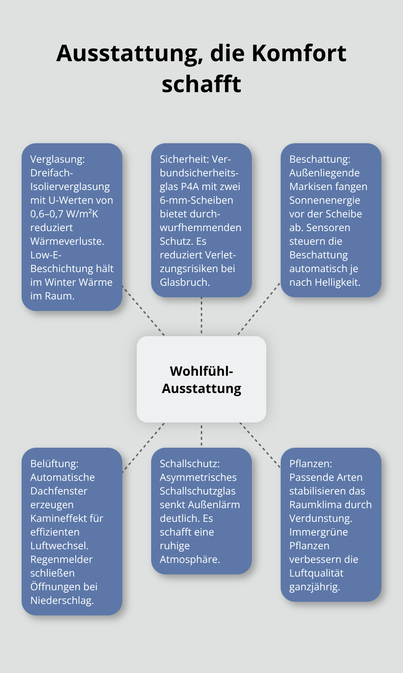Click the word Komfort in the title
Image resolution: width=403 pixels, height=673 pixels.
click(299, 53)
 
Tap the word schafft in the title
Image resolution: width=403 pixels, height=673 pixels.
click(201, 84)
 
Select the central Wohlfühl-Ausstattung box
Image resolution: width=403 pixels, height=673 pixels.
click(201, 379)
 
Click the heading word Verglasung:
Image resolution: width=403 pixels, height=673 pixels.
click(58, 159)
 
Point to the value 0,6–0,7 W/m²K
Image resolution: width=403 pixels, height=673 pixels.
click(64, 214)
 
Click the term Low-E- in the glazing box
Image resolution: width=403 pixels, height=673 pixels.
click(46, 255)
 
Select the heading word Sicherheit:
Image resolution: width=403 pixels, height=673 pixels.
click(184, 159)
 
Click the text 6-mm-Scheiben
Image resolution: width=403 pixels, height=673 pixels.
click(196, 200)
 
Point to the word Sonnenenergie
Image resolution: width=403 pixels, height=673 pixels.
click(325, 200)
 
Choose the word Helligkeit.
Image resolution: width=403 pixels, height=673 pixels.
click(337, 282)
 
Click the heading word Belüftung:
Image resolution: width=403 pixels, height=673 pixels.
click(54, 464)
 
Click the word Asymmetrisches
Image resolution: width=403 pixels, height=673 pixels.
click(198, 477)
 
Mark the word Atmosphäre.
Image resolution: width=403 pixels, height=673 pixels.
click(190, 559)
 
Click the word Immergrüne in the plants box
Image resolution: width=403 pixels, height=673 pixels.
click(318, 532)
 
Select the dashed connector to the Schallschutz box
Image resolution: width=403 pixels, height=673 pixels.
click(201, 435)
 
